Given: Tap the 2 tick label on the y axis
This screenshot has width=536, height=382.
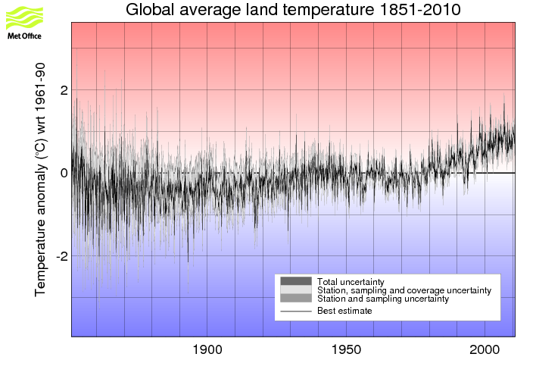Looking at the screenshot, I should pyautogui.click(x=64, y=90).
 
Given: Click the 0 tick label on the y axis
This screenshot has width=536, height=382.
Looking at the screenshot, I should pyautogui.click(x=64, y=173).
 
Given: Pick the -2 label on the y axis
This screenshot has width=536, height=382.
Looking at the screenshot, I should pyautogui.click(x=61, y=256).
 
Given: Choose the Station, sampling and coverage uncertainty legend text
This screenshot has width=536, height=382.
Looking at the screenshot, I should pyautogui.click(x=404, y=290).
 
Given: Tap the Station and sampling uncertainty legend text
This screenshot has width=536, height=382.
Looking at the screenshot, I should pyautogui.click(x=383, y=299).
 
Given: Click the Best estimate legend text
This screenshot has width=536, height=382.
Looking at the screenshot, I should pyautogui.click(x=344, y=311).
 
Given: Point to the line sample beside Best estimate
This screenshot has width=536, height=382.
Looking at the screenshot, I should pyautogui.click(x=295, y=311).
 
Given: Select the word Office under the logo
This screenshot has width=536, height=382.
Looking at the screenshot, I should pyautogui.click(x=32, y=35).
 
